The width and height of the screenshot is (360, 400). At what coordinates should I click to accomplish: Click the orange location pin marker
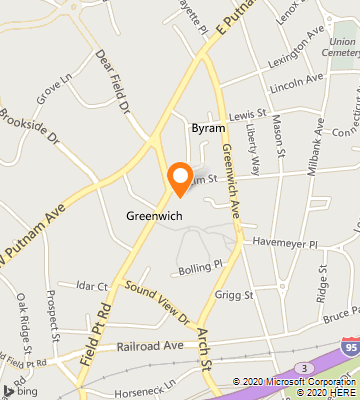(x=180, y=177)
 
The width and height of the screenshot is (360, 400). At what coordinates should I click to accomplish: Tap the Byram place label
(x=207, y=129)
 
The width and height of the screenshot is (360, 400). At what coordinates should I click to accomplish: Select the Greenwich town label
(x=153, y=215)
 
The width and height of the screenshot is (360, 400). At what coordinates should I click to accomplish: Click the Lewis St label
(x=247, y=116)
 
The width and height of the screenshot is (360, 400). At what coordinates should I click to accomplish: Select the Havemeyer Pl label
(x=284, y=243)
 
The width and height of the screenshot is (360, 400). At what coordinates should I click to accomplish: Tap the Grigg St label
(x=236, y=295)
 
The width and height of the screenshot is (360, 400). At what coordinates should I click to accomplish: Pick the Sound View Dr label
(x=158, y=303)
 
